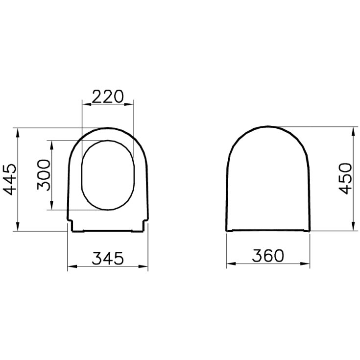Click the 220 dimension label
click(108, 96)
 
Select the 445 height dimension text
click(10, 179)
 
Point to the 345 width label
click(108, 258)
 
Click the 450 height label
click(345, 178)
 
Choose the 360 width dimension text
click(268, 256)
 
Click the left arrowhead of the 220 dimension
click(87, 104)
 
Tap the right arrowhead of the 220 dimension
click(129, 104)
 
